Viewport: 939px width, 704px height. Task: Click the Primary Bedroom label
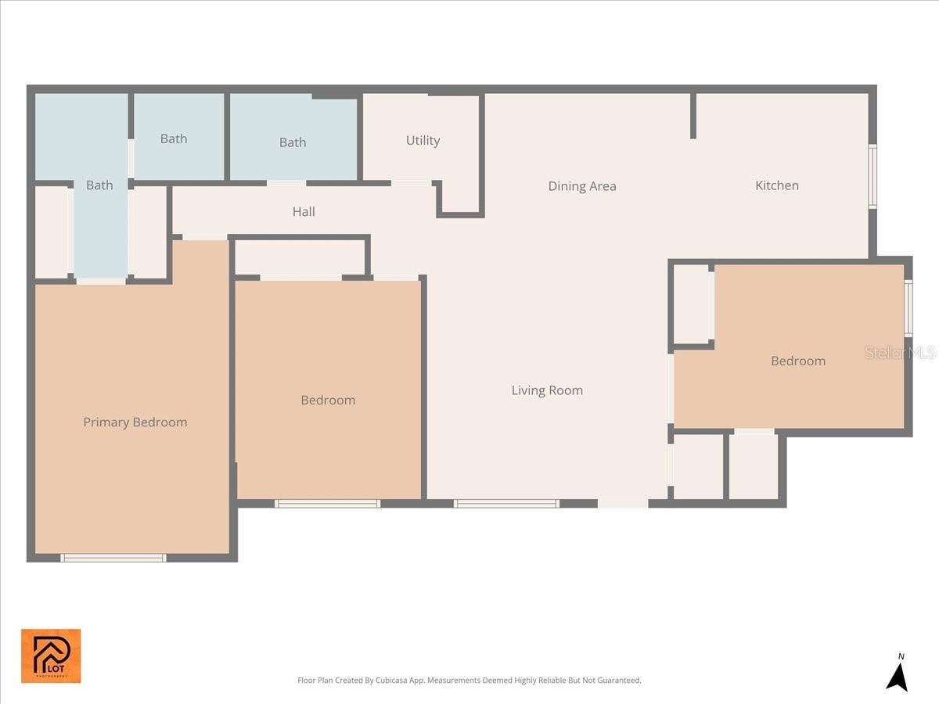pyautogui.click(x=135, y=422)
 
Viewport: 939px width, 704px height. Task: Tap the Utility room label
pyautogui.click(x=423, y=141)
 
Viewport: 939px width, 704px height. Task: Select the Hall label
pyautogui.click(x=304, y=212)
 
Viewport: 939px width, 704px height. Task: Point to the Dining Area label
pyautogui.click(x=581, y=186)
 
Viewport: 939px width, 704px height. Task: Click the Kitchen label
pyautogui.click(x=776, y=185)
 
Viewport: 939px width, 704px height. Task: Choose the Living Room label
pyautogui.click(x=547, y=390)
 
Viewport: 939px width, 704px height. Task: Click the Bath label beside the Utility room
pyautogui.click(x=293, y=142)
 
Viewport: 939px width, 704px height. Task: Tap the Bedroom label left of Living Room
pyautogui.click(x=328, y=400)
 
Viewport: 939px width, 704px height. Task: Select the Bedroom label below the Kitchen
pyautogui.click(x=797, y=361)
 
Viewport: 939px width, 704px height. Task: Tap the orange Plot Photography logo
pyautogui.click(x=51, y=656)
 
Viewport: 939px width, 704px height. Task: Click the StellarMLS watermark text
pyautogui.click(x=900, y=353)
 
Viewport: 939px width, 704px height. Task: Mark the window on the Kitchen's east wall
pyautogui.click(x=872, y=176)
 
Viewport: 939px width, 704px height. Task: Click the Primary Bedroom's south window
pyautogui.click(x=113, y=558)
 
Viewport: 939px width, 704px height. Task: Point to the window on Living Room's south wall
pyautogui.click(x=506, y=504)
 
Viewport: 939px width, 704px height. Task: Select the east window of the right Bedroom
pyautogui.click(x=908, y=308)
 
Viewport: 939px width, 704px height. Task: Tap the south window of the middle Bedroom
pyautogui.click(x=327, y=504)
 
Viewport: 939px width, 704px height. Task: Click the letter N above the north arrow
pyautogui.click(x=901, y=656)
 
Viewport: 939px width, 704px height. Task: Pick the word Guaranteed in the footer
pyautogui.click(x=619, y=681)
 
